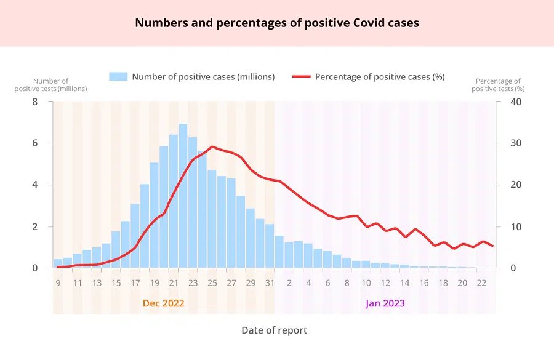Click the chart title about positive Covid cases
click(x=277, y=23)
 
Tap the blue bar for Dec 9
click(x=58, y=263)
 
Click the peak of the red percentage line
click(x=212, y=146)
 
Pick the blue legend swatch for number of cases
click(x=118, y=77)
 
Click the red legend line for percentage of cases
click(x=301, y=77)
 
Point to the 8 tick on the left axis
click(x=34, y=102)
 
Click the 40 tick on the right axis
click(x=516, y=102)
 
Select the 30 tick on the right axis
click(x=516, y=143)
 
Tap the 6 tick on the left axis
click(x=34, y=143)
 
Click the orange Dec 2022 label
click(x=163, y=303)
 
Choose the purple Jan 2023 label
click(x=385, y=303)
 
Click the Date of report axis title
click(x=274, y=330)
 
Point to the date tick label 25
click(x=212, y=283)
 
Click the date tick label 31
click(x=270, y=283)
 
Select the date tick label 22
click(x=481, y=283)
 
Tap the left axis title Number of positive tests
click(x=50, y=85)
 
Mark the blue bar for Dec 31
click(x=270, y=246)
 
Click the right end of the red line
click(x=493, y=246)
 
